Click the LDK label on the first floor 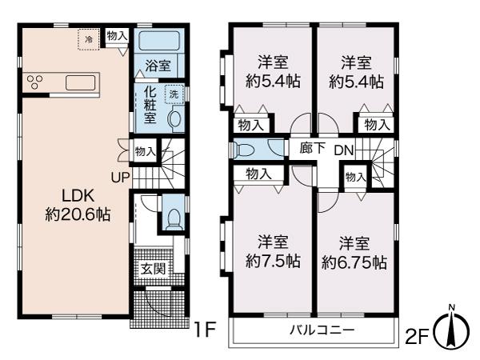point(78,196)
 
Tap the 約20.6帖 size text point(78,214)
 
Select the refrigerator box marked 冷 point(89,39)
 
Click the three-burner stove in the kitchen point(34,82)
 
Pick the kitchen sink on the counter point(81,82)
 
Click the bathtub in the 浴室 point(159,41)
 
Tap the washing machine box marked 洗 point(174,94)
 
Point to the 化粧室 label point(150,105)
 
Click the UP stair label point(120,178)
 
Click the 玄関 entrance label point(153,269)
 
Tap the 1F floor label point(206,330)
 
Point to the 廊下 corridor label point(312,148)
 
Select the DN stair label point(344,150)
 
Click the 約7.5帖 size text point(273,261)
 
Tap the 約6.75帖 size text point(354,262)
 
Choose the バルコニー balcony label point(322,330)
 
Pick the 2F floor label point(417,337)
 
